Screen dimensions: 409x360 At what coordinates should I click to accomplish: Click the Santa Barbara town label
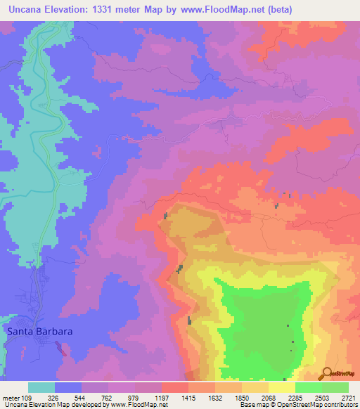[39, 330]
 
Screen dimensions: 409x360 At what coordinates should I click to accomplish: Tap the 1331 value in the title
[103, 9]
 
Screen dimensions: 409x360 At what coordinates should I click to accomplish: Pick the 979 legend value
[134, 398]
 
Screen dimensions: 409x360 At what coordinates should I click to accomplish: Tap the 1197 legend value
[161, 398]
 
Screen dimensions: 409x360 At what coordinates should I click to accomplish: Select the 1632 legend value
[215, 398]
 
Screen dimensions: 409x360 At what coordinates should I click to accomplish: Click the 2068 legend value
[269, 398]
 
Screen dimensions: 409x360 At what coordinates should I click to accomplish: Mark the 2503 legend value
[322, 398]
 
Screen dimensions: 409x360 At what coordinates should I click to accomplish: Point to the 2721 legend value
[347, 398]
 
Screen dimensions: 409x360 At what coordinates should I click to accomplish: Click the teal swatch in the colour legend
[41, 387]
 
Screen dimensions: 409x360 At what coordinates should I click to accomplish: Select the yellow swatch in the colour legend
[282, 387]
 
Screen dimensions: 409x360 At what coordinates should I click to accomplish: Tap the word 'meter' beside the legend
[11, 398]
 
